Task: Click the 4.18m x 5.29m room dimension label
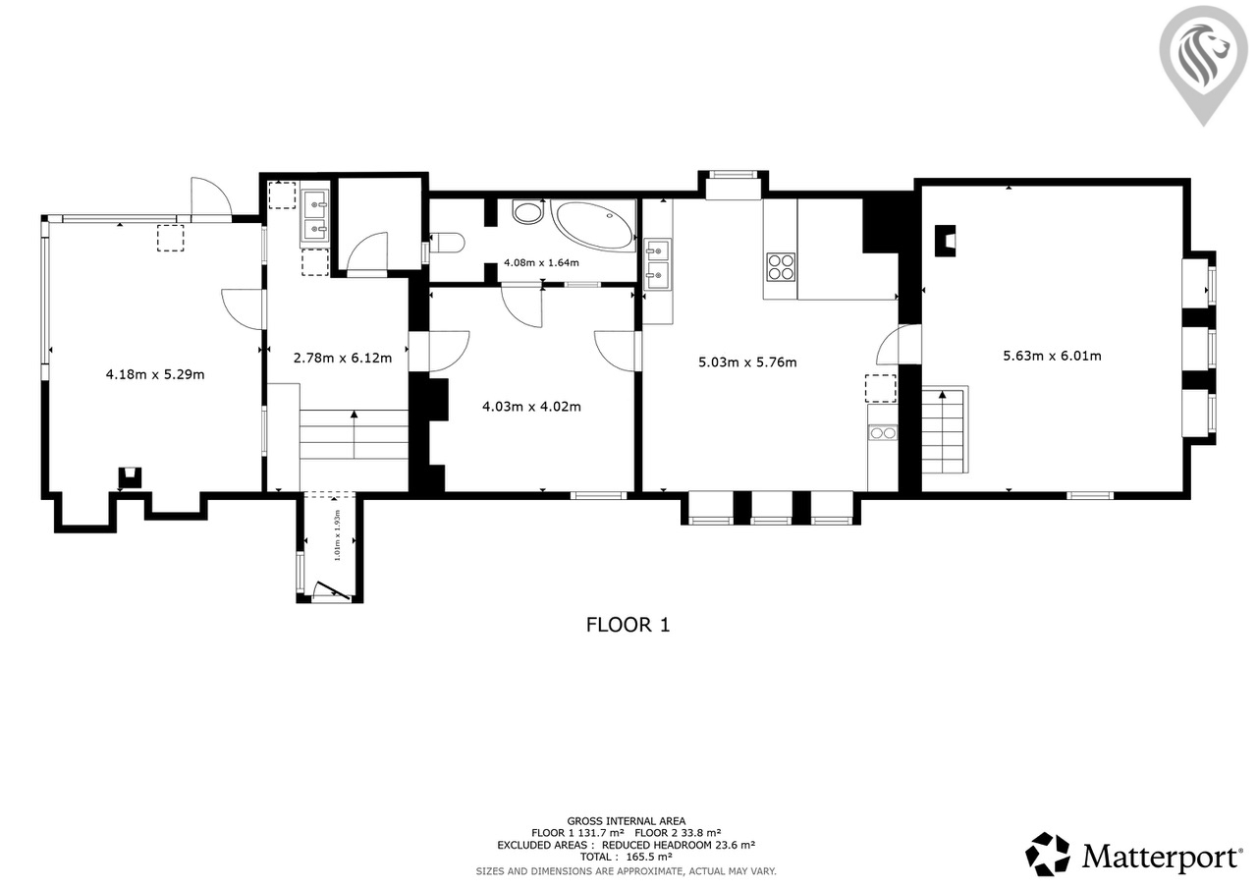click(155, 374)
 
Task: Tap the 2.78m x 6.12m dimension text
click(343, 359)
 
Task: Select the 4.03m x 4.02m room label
click(531, 407)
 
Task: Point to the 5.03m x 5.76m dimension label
click(747, 362)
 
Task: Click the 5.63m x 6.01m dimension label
click(1052, 356)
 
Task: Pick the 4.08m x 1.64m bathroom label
click(541, 262)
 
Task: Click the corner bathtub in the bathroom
click(592, 225)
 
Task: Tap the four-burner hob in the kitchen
click(781, 266)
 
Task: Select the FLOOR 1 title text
click(628, 625)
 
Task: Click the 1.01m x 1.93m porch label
click(337, 534)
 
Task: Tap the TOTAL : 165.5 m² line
click(627, 857)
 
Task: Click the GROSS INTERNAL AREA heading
click(627, 821)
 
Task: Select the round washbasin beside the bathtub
click(528, 213)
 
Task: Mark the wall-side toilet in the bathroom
click(447, 243)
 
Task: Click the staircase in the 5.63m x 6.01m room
click(945, 429)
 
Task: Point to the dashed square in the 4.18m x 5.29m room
click(170, 238)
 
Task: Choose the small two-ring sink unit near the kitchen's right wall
click(883, 433)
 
